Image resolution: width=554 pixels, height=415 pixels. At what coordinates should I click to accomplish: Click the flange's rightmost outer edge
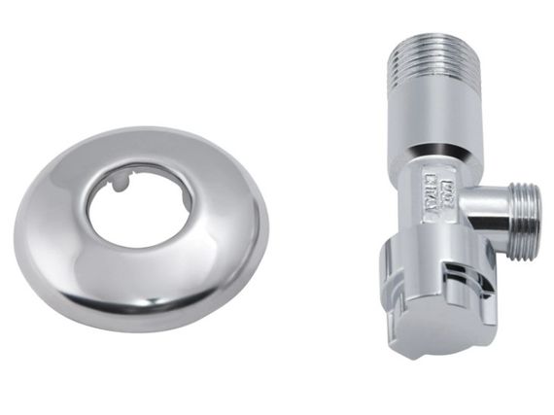click(x=267, y=228)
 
